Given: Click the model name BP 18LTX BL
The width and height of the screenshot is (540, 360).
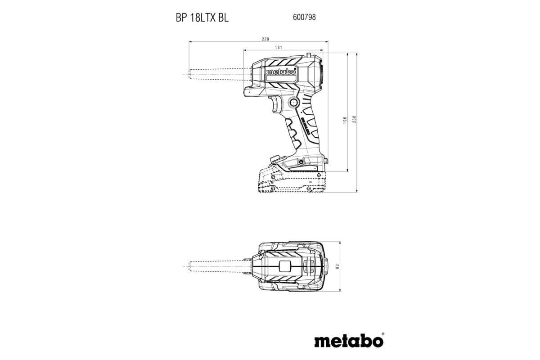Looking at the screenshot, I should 202,18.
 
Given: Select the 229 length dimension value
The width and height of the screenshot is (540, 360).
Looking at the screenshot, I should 265,39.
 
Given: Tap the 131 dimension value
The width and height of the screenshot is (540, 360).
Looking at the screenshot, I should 279,47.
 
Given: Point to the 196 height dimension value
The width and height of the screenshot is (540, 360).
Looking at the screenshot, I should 345,120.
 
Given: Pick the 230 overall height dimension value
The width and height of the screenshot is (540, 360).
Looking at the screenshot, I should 354,120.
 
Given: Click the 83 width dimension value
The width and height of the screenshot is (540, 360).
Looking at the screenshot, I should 337,266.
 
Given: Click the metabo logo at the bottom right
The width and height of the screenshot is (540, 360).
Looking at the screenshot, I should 349,340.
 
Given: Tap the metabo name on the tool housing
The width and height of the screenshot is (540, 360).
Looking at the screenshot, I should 281,72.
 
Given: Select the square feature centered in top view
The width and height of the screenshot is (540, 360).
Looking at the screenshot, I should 285,265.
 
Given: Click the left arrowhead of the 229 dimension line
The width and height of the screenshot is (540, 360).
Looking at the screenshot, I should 190,42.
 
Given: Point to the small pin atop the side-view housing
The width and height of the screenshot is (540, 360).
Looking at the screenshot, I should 309,54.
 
